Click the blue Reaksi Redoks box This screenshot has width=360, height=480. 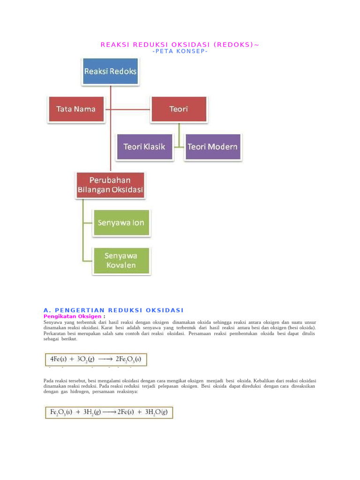[x=110, y=72]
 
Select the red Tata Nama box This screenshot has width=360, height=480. [x=76, y=109]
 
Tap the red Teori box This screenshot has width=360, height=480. [x=179, y=109]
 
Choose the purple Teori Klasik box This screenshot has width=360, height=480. [x=144, y=147]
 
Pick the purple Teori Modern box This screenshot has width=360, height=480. [x=212, y=147]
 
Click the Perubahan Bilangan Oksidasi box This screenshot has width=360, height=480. [x=111, y=185]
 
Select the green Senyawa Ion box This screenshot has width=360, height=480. [x=121, y=223]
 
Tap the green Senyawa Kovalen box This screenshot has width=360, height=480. [x=121, y=261]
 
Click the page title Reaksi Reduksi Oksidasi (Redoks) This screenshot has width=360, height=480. [x=180, y=45]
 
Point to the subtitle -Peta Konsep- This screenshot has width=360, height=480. [x=180, y=51]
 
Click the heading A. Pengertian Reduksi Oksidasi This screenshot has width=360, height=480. [x=113, y=310]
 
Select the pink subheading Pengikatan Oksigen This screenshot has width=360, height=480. [x=73, y=316]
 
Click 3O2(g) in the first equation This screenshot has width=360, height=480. [x=84, y=360]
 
